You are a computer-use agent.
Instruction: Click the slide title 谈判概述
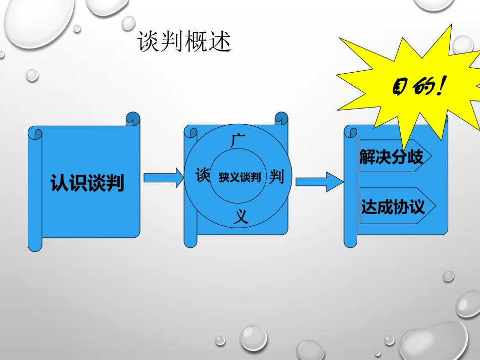point(184,43)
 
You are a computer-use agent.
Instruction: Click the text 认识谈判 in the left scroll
point(87,183)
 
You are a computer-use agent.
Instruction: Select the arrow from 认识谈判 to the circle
point(163,178)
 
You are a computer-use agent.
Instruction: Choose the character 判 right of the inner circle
point(276,177)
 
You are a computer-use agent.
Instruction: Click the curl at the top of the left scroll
point(133,119)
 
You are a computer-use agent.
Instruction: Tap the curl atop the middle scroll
point(281,119)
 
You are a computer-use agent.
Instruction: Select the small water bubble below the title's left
point(32,75)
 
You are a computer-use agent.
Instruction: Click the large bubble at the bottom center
point(253,338)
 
